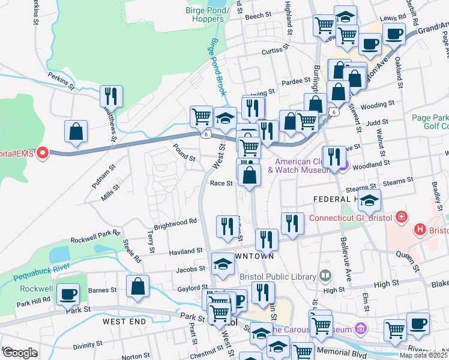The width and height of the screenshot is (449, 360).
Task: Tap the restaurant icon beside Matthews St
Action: [x=111, y=96]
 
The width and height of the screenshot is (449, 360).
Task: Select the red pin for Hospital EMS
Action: [x=42, y=154]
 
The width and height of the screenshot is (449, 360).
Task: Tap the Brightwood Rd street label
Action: [x=175, y=221]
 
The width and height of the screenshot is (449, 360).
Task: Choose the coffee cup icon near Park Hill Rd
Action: [x=68, y=295]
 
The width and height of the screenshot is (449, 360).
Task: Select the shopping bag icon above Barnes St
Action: [x=138, y=287]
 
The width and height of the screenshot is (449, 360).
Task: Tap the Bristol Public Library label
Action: [x=277, y=277]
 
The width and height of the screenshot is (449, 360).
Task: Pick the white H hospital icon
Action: [x=420, y=230]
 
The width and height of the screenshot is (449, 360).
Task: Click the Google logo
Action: [x=20, y=353]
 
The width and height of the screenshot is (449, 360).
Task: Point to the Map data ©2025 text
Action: [x=423, y=355]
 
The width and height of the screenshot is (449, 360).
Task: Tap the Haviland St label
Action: [x=185, y=251]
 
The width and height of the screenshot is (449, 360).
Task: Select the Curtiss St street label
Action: [x=276, y=51]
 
